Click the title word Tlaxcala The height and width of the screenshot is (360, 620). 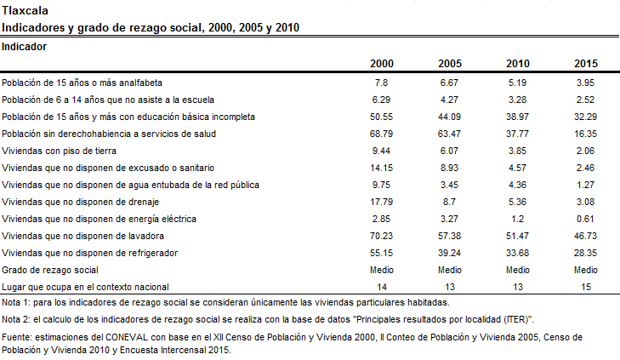pyautogui.click(x=25, y=11)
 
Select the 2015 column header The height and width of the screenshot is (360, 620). pyautogui.click(x=586, y=64)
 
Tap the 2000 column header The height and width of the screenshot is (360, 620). pyautogui.click(x=382, y=64)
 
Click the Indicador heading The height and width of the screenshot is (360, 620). pyautogui.click(x=24, y=47)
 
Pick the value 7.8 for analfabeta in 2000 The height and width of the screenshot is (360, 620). pyautogui.click(x=381, y=83)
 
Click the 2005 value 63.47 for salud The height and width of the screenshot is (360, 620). pyautogui.click(x=449, y=134)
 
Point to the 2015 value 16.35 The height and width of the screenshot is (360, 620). pyautogui.click(x=586, y=134)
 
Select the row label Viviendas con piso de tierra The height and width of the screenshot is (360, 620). pyautogui.click(x=59, y=151)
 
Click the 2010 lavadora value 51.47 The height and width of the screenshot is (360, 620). pyautogui.click(x=517, y=236)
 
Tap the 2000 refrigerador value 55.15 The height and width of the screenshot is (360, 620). pyautogui.click(x=381, y=253)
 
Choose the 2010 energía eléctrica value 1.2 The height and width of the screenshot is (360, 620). pyautogui.click(x=517, y=219)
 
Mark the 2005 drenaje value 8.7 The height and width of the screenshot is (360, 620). pyautogui.click(x=449, y=202)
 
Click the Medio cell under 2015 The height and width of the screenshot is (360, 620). pyautogui.click(x=586, y=270)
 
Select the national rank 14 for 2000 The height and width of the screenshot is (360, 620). pyautogui.click(x=382, y=287)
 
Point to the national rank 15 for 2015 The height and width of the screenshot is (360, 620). pyautogui.click(x=586, y=287)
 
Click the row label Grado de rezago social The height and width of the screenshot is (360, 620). pyautogui.click(x=50, y=270)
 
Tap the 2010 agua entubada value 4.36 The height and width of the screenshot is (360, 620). pyautogui.click(x=517, y=185)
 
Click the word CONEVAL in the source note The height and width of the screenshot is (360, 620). pyautogui.click(x=127, y=338)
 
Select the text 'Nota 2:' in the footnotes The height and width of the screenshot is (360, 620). pyautogui.click(x=16, y=319)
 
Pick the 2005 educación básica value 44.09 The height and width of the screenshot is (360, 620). pyautogui.click(x=449, y=117)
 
